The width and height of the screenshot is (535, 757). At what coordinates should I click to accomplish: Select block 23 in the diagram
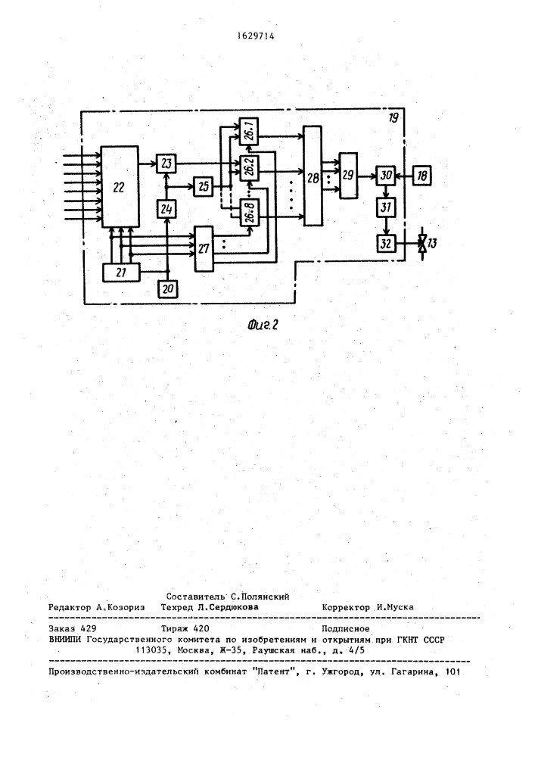tap(166, 164)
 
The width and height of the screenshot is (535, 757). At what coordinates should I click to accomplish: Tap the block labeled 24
tap(166, 209)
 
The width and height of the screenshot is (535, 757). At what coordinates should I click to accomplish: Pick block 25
tap(203, 186)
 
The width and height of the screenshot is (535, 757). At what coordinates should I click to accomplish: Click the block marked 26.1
tap(249, 131)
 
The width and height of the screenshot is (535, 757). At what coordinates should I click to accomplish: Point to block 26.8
tap(249, 213)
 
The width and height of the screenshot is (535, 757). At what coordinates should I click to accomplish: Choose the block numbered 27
tap(204, 248)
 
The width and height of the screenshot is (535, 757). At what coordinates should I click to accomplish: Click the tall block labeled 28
tap(313, 176)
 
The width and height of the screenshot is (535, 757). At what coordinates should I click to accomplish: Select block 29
tap(348, 176)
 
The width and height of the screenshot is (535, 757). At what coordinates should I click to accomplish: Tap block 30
tap(385, 176)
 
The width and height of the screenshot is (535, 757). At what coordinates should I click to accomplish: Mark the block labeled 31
tap(385, 207)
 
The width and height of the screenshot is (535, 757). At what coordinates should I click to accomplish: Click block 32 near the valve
tap(385, 243)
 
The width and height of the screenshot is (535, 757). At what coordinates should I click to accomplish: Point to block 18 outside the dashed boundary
tap(422, 176)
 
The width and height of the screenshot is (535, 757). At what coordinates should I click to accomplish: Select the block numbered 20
tap(167, 288)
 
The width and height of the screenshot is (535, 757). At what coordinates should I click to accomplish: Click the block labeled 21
tap(120, 273)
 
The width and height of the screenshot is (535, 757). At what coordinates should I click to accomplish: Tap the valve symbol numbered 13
tap(423, 243)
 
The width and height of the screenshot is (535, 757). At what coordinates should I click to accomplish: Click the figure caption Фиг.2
tap(263, 325)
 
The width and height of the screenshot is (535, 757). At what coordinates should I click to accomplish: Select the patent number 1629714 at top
tap(256, 36)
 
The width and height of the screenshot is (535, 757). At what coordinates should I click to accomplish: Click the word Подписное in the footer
tap(345, 628)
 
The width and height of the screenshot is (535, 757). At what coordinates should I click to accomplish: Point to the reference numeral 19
tap(393, 117)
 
